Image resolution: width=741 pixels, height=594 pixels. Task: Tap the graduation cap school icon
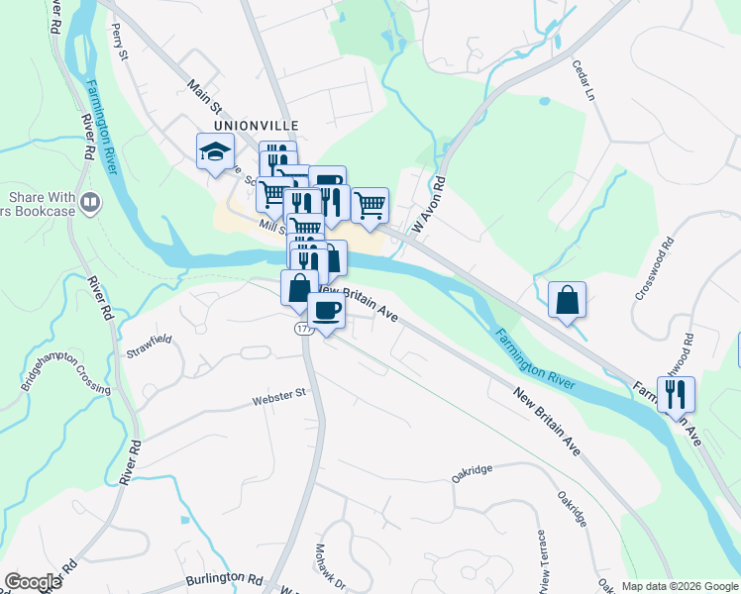click(x=215, y=152)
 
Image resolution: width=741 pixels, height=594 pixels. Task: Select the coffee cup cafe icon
click(x=326, y=311)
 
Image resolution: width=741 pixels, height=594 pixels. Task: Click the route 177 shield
click(x=303, y=329)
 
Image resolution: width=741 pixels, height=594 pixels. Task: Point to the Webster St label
click(x=276, y=399)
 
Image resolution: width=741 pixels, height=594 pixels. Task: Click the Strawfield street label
click(x=150, y=346)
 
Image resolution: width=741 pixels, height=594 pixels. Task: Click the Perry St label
click(x=121, y=41)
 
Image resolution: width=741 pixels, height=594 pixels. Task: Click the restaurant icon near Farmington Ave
click(x=675, y=394)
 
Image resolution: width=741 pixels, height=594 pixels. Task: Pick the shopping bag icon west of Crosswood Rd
click(x=567, y=300)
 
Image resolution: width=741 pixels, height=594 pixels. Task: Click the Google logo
click(x=33, y=582)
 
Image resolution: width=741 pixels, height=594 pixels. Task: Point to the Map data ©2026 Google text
click(x=679, y=586)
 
